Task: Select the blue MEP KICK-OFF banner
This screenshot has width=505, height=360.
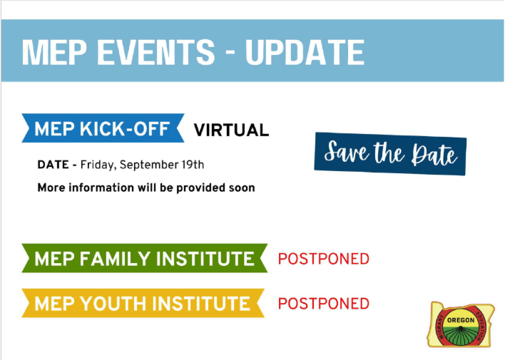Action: click(x=102, y=130)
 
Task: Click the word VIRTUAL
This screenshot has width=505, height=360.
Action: click(x=231, y=130)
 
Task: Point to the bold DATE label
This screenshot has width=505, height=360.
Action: click(x=52, y=165)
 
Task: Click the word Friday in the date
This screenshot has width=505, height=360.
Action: click(x=98, y=165)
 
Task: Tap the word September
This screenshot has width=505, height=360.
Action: click(x=148, y=165)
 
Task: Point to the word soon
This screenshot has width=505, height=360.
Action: click(x=241, y=188)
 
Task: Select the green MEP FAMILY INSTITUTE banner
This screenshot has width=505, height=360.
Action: click(x=143, y=259)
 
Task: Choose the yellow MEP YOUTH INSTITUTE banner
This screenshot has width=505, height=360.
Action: click(x=143, y=304)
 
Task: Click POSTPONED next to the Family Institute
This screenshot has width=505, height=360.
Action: click(x=323, y=259)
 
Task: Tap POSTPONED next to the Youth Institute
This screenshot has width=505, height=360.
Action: click(x=323, y=304)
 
